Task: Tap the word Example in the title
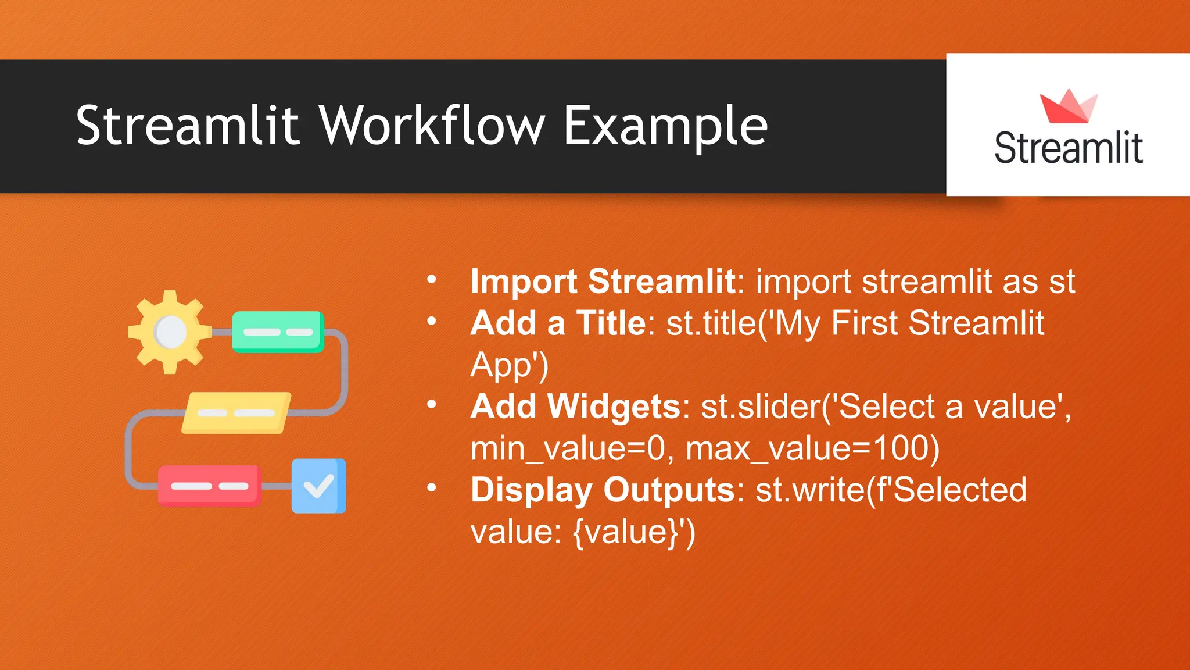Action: click(665, 127)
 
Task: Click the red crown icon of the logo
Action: click(1068, 106)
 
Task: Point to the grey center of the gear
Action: click(170, 332)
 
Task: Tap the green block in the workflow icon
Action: click(278, 332)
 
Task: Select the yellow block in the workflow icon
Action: click(236, 413)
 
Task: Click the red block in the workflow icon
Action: click(209, 486)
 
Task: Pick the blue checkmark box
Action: click(318, 486)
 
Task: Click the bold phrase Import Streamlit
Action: click(603, 281)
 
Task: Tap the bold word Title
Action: click(611, 323)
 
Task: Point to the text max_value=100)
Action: click(812, 448)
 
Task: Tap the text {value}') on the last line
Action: click(634, 532)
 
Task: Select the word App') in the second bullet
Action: click(509, 365)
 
